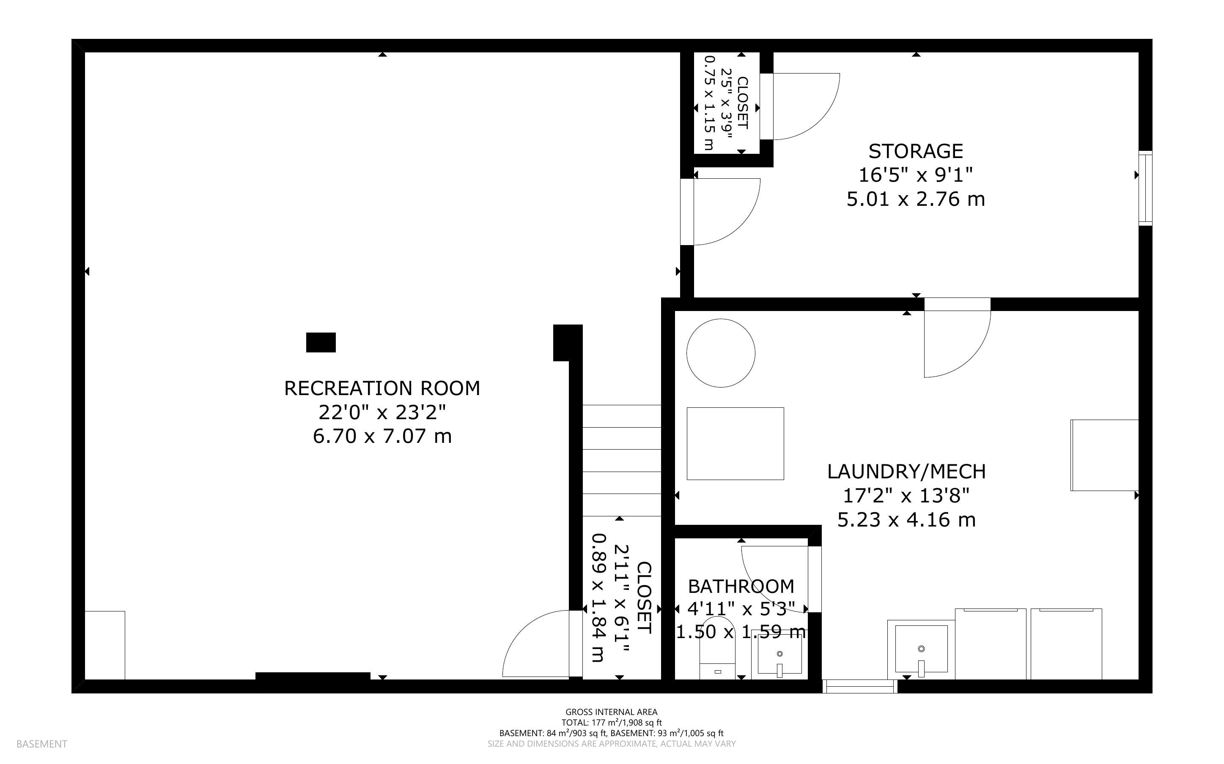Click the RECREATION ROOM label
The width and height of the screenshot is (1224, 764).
coord(382,388)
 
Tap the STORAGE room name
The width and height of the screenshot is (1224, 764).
coord(916,151)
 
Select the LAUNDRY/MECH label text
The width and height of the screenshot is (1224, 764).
coord(906,472)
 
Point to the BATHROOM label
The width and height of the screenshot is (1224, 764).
coord(741,586)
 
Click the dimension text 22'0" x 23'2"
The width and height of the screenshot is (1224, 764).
coord(382,412)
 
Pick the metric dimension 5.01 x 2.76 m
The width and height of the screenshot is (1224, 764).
coord(916,199)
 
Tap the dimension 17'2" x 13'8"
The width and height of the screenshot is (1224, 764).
coord(906,496)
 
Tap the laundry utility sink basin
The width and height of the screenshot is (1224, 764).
coord(921,649)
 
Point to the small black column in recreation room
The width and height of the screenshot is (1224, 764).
coord(321,342)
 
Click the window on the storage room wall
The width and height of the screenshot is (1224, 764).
coord(1145,188)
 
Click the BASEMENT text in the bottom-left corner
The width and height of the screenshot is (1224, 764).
coord(41,744)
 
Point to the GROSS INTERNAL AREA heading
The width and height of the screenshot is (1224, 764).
coord(611,712)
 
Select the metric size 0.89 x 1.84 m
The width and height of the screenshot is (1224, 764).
coord(598,598)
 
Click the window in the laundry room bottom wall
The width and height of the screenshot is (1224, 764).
coord(859,686)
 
